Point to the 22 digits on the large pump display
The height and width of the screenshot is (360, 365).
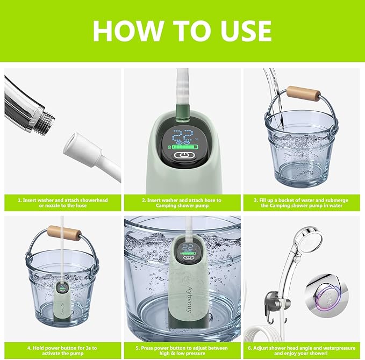183,135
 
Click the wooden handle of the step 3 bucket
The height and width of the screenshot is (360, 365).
303,93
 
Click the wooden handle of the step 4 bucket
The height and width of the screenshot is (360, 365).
65,233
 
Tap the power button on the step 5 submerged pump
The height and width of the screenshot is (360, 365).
188,257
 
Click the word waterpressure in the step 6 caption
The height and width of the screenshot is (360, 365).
339,348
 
